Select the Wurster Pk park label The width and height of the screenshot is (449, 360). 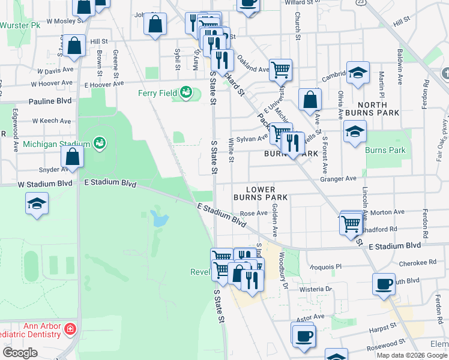(x=20, y=25)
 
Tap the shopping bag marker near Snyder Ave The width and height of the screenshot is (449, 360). (x=72, y=158)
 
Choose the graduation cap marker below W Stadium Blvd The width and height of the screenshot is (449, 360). (x=37, y=204)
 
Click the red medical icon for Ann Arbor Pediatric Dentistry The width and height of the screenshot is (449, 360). (x=70, y=329)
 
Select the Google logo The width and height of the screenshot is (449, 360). (x=20, y=352)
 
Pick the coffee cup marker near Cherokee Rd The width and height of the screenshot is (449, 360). (x=384, y=283)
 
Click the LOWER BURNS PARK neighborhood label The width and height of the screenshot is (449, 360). (x=261, y=193)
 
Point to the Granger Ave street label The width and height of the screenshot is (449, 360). (x=339, y=178)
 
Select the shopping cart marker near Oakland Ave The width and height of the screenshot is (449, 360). (x=280, y=70)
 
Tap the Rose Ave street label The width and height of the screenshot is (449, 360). (x=253, y=213)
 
